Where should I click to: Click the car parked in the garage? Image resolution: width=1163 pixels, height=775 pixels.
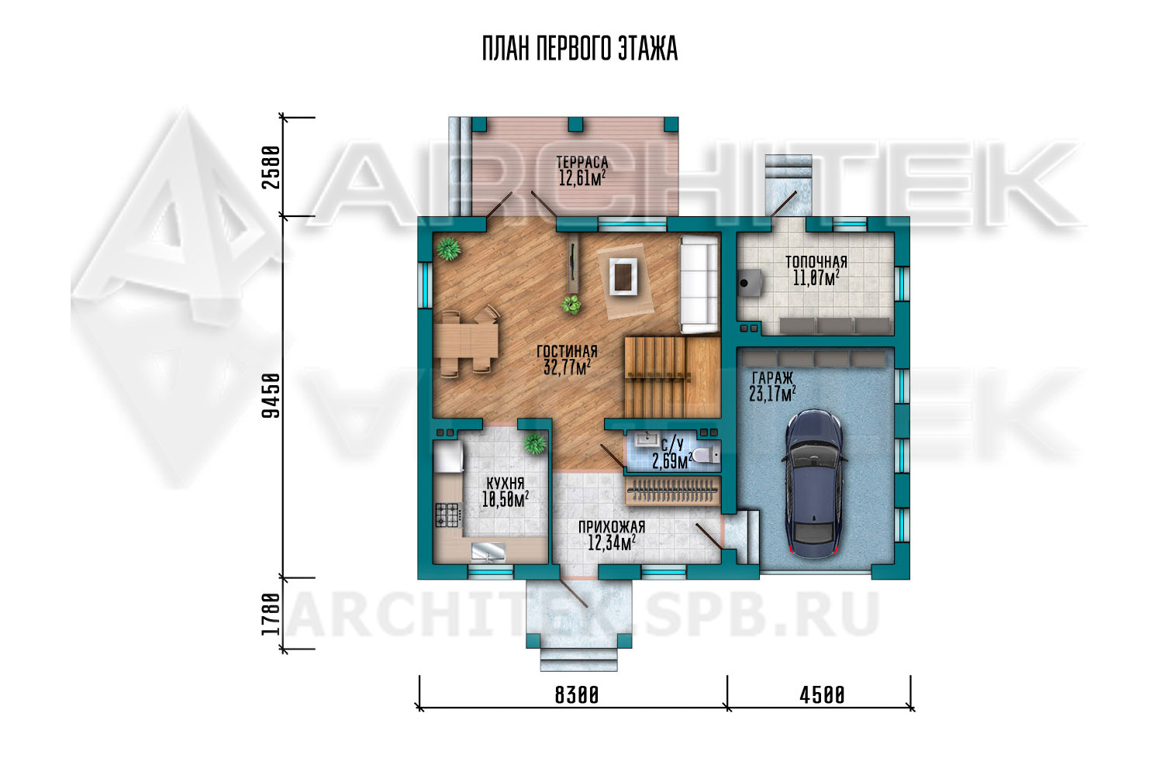click(x=813, y=484)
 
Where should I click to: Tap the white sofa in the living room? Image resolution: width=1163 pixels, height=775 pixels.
click(x=699, y=284)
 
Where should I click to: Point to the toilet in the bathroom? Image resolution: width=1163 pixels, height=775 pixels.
click(x=706, y=456)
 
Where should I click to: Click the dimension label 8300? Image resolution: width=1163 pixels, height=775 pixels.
click(x=577, y=695)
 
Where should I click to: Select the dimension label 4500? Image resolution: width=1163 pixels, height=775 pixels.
click(x=822, y=695)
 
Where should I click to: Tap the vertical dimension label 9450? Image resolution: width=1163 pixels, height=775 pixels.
click(x=271, y=395)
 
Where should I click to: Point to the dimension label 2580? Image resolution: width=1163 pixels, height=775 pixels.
click(x=271, y=167)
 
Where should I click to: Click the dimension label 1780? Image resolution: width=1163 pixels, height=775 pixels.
click(x=271, y=614)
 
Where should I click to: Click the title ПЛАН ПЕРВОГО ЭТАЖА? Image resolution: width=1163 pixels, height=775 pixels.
click(x=580, y=49)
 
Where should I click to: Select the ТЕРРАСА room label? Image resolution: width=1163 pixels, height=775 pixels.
click(x=582, y=163)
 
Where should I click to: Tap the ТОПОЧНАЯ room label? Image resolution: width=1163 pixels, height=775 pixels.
click(x=816, y=262)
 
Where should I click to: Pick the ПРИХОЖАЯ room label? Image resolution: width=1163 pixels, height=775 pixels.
click(x=612, y=527)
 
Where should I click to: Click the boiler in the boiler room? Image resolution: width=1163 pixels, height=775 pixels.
click(x=750, y=283)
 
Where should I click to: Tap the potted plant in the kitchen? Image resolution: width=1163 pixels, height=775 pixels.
click(x=535, y=443)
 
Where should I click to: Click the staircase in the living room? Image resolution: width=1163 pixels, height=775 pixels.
click(x=672, y=377)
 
